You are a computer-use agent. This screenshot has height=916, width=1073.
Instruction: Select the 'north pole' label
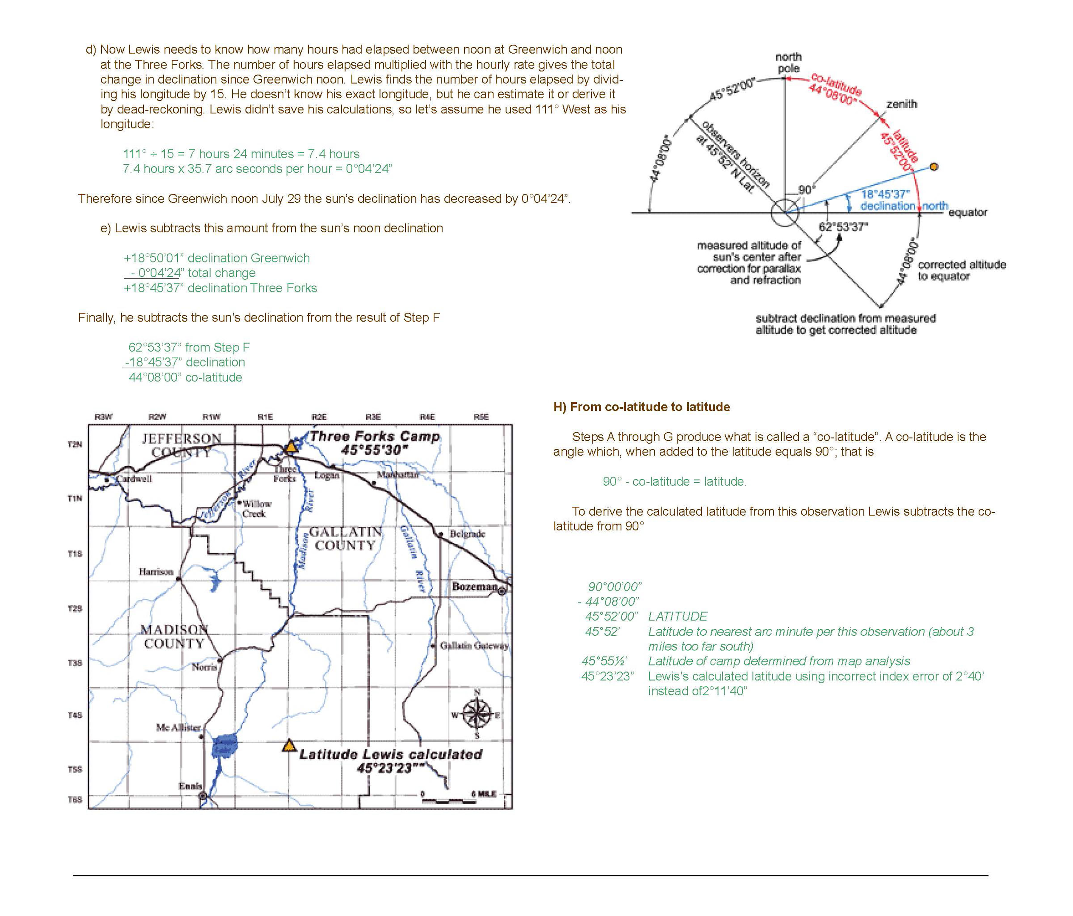point(788,63)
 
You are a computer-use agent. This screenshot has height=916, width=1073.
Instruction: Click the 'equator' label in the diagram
point(967,212)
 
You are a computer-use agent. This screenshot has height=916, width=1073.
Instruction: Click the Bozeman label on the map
point(475,586)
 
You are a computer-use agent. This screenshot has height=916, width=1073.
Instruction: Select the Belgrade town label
point(467,534)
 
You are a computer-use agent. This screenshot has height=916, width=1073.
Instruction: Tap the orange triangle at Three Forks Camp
point(291,446)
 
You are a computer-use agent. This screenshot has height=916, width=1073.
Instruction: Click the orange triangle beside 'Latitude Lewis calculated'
point(289,746)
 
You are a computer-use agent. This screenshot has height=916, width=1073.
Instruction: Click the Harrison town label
point(155,572)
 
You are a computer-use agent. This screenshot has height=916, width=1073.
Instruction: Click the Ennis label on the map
point(190,786)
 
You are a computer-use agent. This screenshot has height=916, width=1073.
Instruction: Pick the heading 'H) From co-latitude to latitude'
point(642,407)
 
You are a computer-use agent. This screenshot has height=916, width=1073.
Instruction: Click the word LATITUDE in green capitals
point(677,616)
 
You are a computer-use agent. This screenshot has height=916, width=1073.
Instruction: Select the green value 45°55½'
point(604,661)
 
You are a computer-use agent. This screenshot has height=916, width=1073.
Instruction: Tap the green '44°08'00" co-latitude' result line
point(185,377)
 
